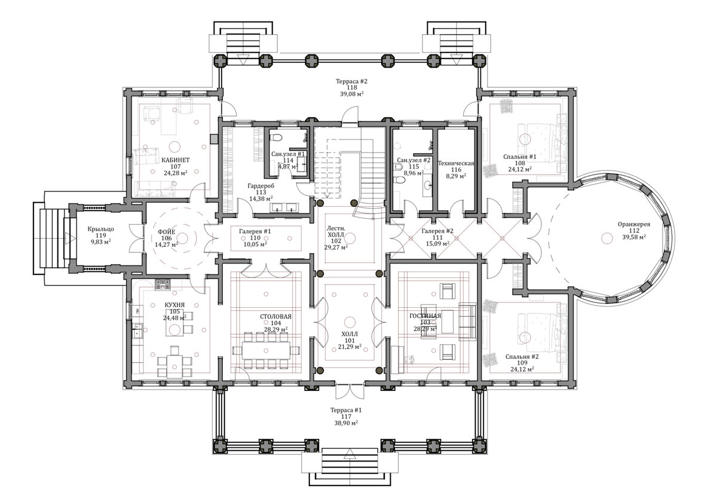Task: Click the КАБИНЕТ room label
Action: click(175, 160)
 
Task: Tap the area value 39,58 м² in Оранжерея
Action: click(634, 237)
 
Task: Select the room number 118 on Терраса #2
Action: click(351, 87)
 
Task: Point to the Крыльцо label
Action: click(101, 229)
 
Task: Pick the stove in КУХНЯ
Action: click(163, 285)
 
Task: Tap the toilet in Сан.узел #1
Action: click(275, 137)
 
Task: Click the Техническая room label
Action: click(456, 163)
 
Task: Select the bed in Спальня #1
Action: click(541, 139)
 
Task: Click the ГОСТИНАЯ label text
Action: click(425, 316)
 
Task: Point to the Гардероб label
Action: click(261, 186)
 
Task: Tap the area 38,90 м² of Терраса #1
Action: click(346, 423)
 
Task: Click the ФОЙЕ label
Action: click(167, 232)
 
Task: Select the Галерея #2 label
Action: click(437, 231)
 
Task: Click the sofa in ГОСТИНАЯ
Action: click(468, 322)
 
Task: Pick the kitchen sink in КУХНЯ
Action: click(139, 331)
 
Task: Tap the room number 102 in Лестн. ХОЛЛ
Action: click(336, 241)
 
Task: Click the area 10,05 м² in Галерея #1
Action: click(256, 244)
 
